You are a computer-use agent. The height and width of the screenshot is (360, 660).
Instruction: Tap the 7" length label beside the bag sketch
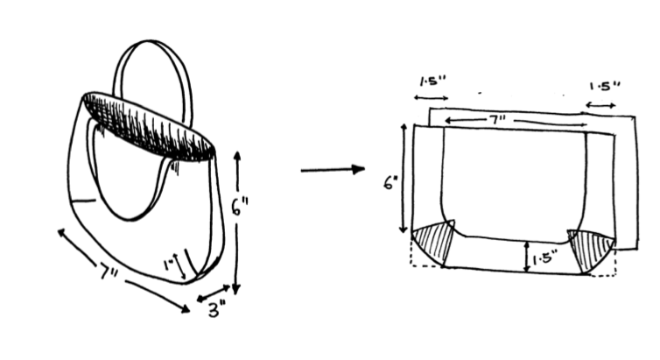tap(109, 272)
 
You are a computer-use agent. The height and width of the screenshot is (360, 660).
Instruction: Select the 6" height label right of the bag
tap(240, 207)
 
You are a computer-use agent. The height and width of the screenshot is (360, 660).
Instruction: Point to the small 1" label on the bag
tap(169, 265)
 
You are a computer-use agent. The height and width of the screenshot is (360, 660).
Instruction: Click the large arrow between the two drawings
tap(333, 170)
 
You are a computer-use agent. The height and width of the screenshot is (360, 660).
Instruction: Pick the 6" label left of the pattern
tap(390, 183)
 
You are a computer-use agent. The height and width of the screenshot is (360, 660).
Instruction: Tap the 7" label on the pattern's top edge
tap(497, 120)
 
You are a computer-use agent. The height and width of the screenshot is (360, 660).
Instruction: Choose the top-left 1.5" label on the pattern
tap(432, 81)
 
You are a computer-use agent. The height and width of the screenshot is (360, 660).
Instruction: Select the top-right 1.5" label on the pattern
tap(605, 87)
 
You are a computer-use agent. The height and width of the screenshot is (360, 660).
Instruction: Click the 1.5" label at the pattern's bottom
tap(545, 258)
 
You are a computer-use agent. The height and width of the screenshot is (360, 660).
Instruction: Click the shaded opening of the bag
tap(150, 125)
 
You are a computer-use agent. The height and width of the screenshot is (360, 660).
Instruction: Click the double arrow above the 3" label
tap(213, 293)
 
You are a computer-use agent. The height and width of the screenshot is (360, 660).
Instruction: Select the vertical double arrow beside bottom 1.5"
tap(526, 257)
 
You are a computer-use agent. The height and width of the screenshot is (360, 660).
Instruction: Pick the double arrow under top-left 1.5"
tap(431, 98)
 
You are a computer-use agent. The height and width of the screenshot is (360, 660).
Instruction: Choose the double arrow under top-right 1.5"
tap(600, 105)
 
